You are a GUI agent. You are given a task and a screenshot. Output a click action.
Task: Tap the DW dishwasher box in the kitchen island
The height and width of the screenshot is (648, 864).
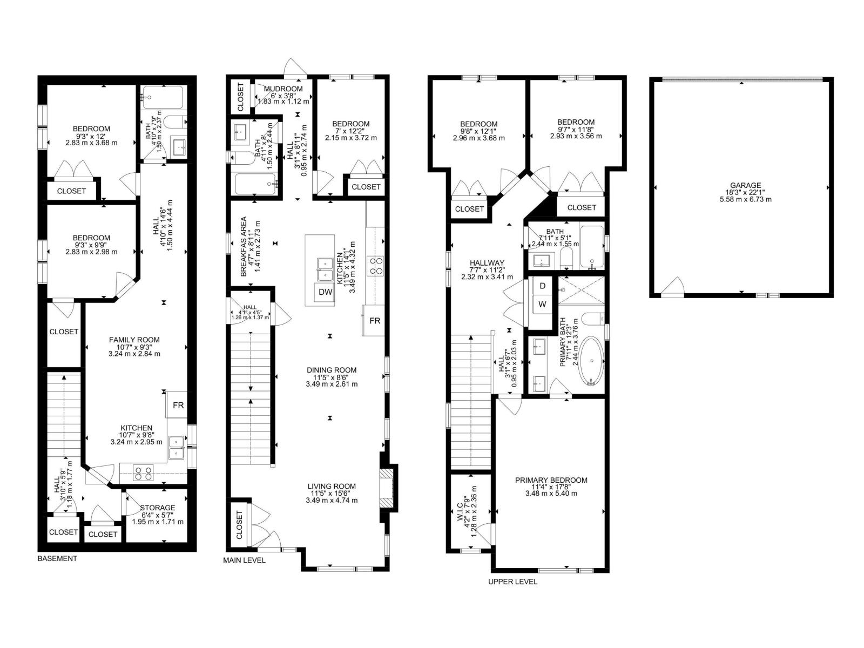tap(325, 292)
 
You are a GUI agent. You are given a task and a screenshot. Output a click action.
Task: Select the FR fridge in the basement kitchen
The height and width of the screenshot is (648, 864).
tap(178, 405)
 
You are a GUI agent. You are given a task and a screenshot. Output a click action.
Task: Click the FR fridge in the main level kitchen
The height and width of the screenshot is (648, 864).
tap(374, 320)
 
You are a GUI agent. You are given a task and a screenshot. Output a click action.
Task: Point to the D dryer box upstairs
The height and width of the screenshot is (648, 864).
tap(542, 285)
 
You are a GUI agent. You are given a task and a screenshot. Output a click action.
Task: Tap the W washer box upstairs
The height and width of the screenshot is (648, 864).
tap(542, 305)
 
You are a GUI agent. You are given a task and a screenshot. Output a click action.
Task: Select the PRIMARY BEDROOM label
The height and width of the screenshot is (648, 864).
tap(551, 480)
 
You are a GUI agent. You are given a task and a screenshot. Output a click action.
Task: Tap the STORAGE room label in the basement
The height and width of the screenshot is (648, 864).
tap(157, 508)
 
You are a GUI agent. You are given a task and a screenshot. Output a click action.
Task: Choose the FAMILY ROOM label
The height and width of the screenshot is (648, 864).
tap(134, 340)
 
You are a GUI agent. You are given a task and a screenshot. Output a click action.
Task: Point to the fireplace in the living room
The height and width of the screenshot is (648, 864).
tap(387, 488)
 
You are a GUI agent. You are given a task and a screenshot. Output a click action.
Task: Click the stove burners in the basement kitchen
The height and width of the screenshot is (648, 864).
tap(143, 473)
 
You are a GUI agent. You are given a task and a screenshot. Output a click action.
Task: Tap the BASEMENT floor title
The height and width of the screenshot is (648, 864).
tap(57, 558)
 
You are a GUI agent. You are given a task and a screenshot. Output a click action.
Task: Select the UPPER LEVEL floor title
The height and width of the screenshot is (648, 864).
tap(512, 582)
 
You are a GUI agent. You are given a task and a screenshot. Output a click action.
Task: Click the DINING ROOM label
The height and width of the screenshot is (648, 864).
tap(331, 370)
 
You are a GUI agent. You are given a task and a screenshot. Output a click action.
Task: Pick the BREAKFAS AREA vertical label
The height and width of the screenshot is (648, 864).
tap(244, 247)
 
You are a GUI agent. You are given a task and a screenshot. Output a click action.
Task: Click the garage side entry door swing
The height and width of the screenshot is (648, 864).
tap(673, 287)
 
